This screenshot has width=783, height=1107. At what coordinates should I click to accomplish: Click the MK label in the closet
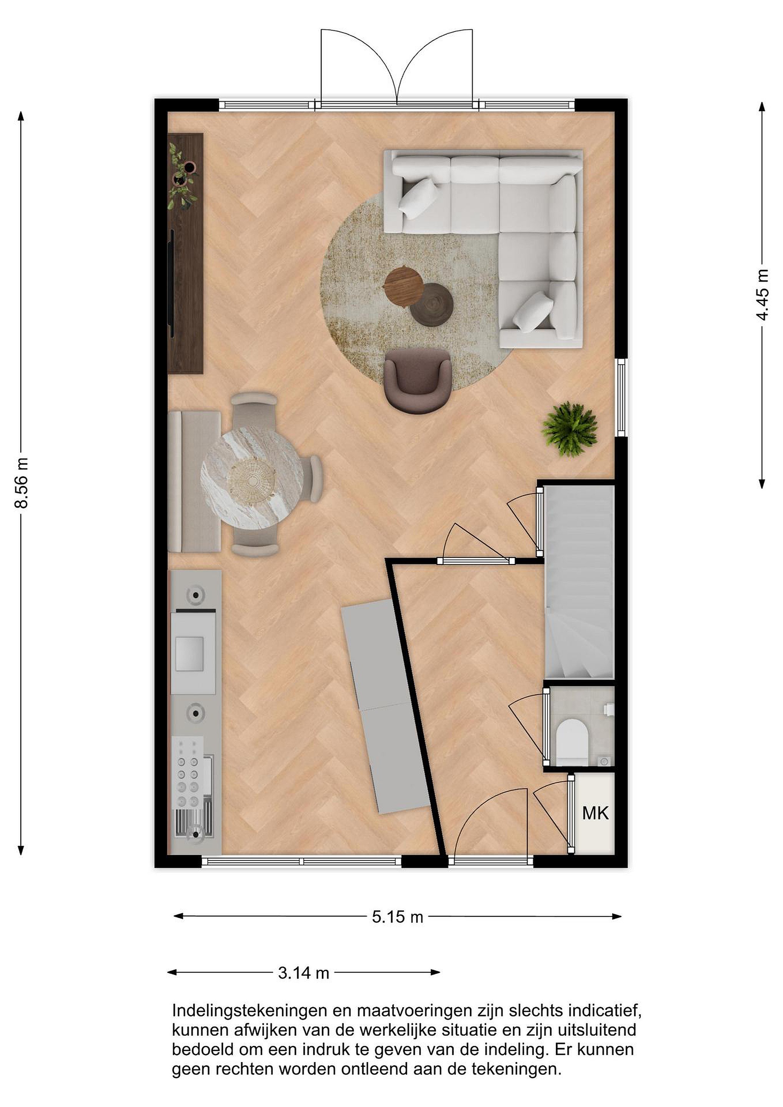[x=595, y=813]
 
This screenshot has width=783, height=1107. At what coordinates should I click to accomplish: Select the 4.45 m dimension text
[x=762, y=295]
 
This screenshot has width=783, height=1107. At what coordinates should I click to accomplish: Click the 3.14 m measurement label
[x=303, y=973]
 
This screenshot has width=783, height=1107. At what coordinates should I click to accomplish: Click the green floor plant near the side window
[x=569, y=429]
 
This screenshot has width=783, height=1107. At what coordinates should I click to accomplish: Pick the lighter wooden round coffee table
[x=402, y=286]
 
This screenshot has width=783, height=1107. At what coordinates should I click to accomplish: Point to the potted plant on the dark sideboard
[x=182, y=176]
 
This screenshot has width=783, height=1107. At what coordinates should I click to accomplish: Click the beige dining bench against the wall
[x=194, y=481]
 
